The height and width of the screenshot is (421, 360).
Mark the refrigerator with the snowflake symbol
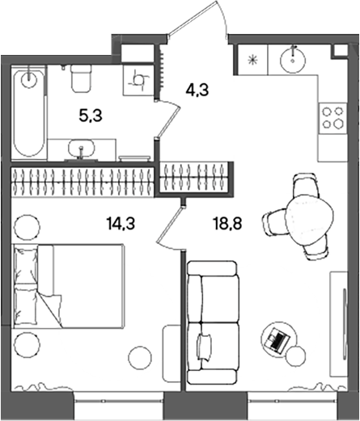click(252, 59)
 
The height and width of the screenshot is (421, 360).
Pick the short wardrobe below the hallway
click(198, 178)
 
